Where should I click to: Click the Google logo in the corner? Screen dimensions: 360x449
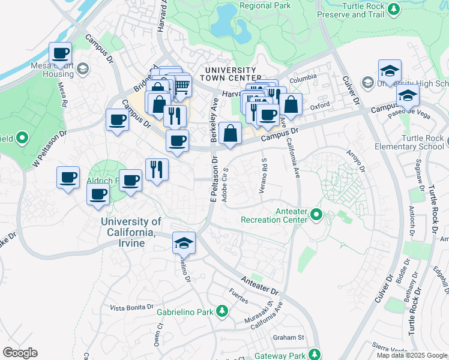(x=20, y=353)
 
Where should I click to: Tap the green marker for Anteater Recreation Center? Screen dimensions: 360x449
(x=316, y=214)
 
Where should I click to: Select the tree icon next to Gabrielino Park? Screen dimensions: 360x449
(x=222, y=311)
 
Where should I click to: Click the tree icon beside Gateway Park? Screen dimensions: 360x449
(x=313, y=353)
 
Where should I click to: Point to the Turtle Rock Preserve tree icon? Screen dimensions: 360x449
(x=393, y=9)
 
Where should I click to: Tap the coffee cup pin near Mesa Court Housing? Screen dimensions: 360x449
(x=60, y=54)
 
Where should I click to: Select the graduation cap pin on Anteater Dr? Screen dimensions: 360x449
(x=184, y=243)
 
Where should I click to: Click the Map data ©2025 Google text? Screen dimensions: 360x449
(x=412, y=355)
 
